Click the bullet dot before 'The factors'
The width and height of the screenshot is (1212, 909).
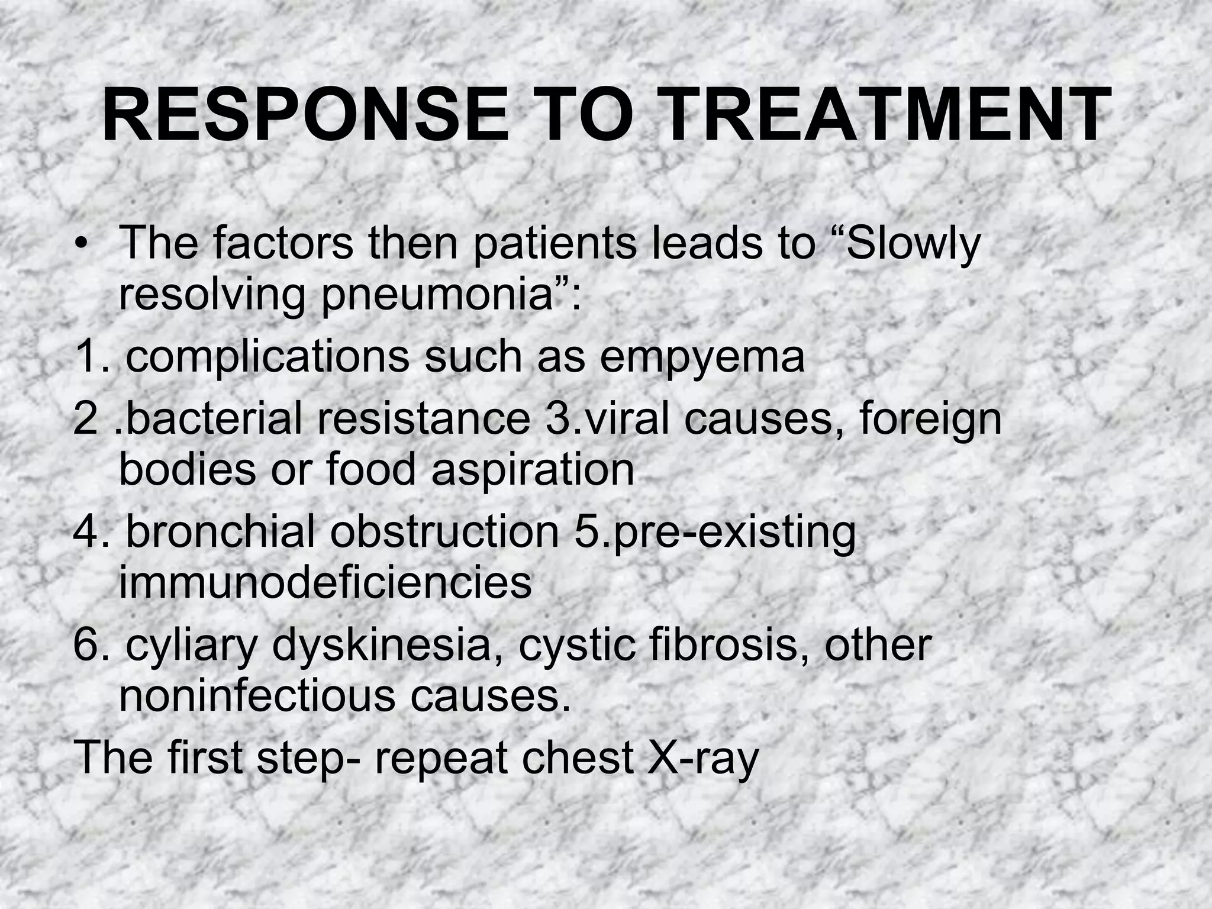tap(80, 246)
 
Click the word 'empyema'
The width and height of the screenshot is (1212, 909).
tap(702, 357)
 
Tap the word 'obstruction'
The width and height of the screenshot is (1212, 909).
tap(444, 531)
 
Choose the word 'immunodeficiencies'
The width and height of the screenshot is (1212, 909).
tap(325, 582)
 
